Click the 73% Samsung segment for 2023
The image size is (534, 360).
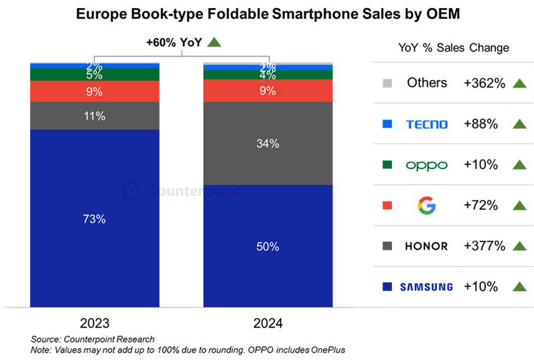tap(94, 218)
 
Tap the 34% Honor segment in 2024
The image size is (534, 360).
tap(268, 144)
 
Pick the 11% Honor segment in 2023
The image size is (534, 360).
tap(94, 116)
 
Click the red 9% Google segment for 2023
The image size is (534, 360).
tap(94, 91)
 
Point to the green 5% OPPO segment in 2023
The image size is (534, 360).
tap(94, 74)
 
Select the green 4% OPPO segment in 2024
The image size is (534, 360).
tap(268, 75)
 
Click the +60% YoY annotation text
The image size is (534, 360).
tap(175, 42)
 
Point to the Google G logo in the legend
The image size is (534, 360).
tap(427, 205)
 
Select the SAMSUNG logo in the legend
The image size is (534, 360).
tap(426, 287)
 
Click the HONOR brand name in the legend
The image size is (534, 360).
tap(427, 246)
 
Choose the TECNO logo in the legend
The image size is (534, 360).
tap(427, 124)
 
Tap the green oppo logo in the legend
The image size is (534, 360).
tap(427, 165)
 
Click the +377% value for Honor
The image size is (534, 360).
tap(484, 246)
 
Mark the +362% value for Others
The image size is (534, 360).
tap(484, 83)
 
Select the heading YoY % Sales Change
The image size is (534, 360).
tap(453, 47)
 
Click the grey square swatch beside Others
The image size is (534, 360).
tap(386, 83)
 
